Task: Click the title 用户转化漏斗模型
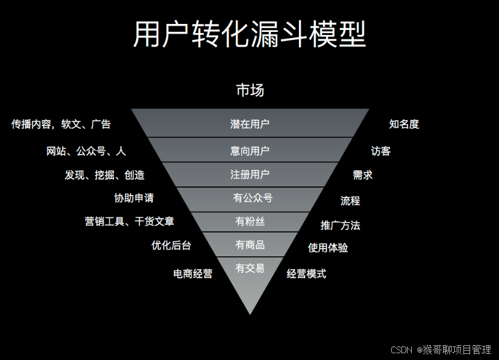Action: [249, 34]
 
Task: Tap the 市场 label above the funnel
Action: [250, 90]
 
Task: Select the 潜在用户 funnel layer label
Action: [250, 124]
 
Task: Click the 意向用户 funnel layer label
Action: [250, 150]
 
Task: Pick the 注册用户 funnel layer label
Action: [250, 175]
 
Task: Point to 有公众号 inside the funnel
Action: [252, 198]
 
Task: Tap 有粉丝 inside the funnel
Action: [250, 221]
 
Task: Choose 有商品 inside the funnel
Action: [250, 245]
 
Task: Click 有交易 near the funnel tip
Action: [250, 268]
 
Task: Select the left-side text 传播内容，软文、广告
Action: [61, 124]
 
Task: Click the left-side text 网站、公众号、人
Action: [86, 151]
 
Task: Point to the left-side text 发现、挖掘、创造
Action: [104, 175]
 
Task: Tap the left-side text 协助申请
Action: [134, 198]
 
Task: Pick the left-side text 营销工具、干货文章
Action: [129, 221]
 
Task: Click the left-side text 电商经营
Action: [193, 274]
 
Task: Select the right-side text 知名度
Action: [404, 124]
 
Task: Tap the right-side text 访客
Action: [381, 151]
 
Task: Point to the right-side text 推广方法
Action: [340, 226]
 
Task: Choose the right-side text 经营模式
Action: [306, 274]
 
